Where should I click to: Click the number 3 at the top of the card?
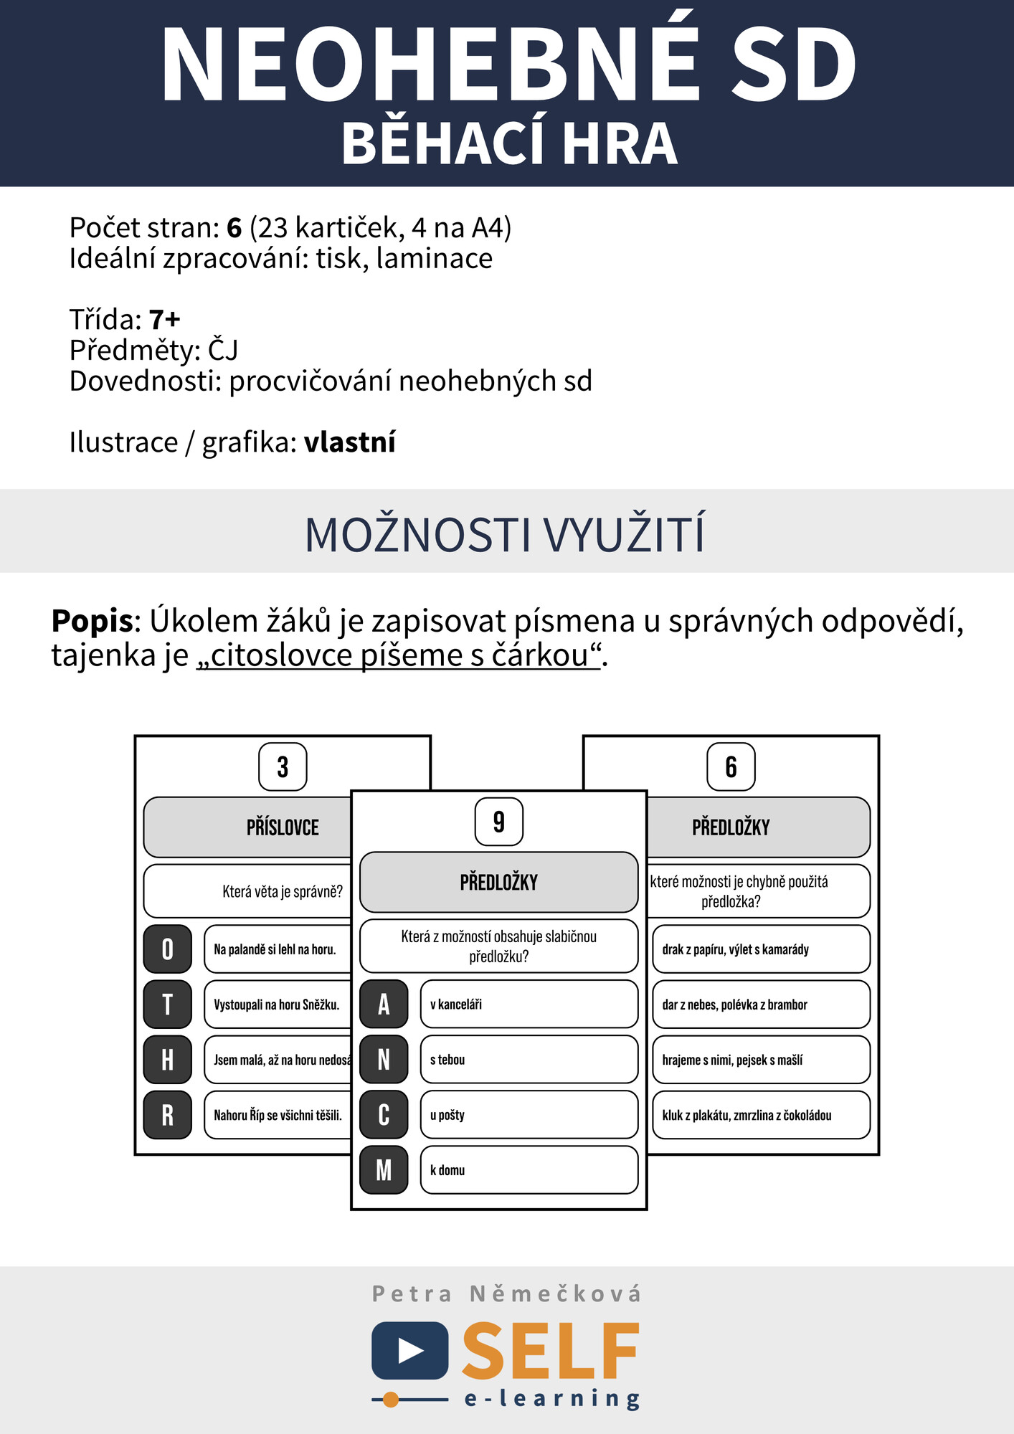(x=283, y=766)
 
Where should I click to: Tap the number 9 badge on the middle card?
(x=498, y=822)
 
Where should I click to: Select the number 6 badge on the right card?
(x=731, y=766)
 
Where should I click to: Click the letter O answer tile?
(x=168, y=949)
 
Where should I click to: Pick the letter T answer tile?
(x=168, y=1004)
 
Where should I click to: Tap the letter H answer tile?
(x=168, y=1059)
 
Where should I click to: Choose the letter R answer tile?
(x=168, y=1114)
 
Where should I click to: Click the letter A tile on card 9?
(x=384, y=1004)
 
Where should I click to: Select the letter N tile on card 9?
(x=384, y=1059)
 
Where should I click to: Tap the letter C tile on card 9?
(x=384, y=1114)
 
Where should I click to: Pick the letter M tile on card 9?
(x=384, y=1169)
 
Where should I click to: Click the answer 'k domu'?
(x=529, y=1169)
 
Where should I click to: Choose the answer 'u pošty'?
(x=529, y=1114)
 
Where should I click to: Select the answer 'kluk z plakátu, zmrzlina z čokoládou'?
(x=760, y=1114)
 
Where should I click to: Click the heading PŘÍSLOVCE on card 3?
(x=283, y=827)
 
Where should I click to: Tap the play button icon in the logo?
(x=410, y=1350)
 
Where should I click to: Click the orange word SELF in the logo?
(x=550, y=1352)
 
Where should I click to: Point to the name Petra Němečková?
(x=506, y=1293)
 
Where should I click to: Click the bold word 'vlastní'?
(x=349, y=442)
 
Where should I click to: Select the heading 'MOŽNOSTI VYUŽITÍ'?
(x=506, y=534)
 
